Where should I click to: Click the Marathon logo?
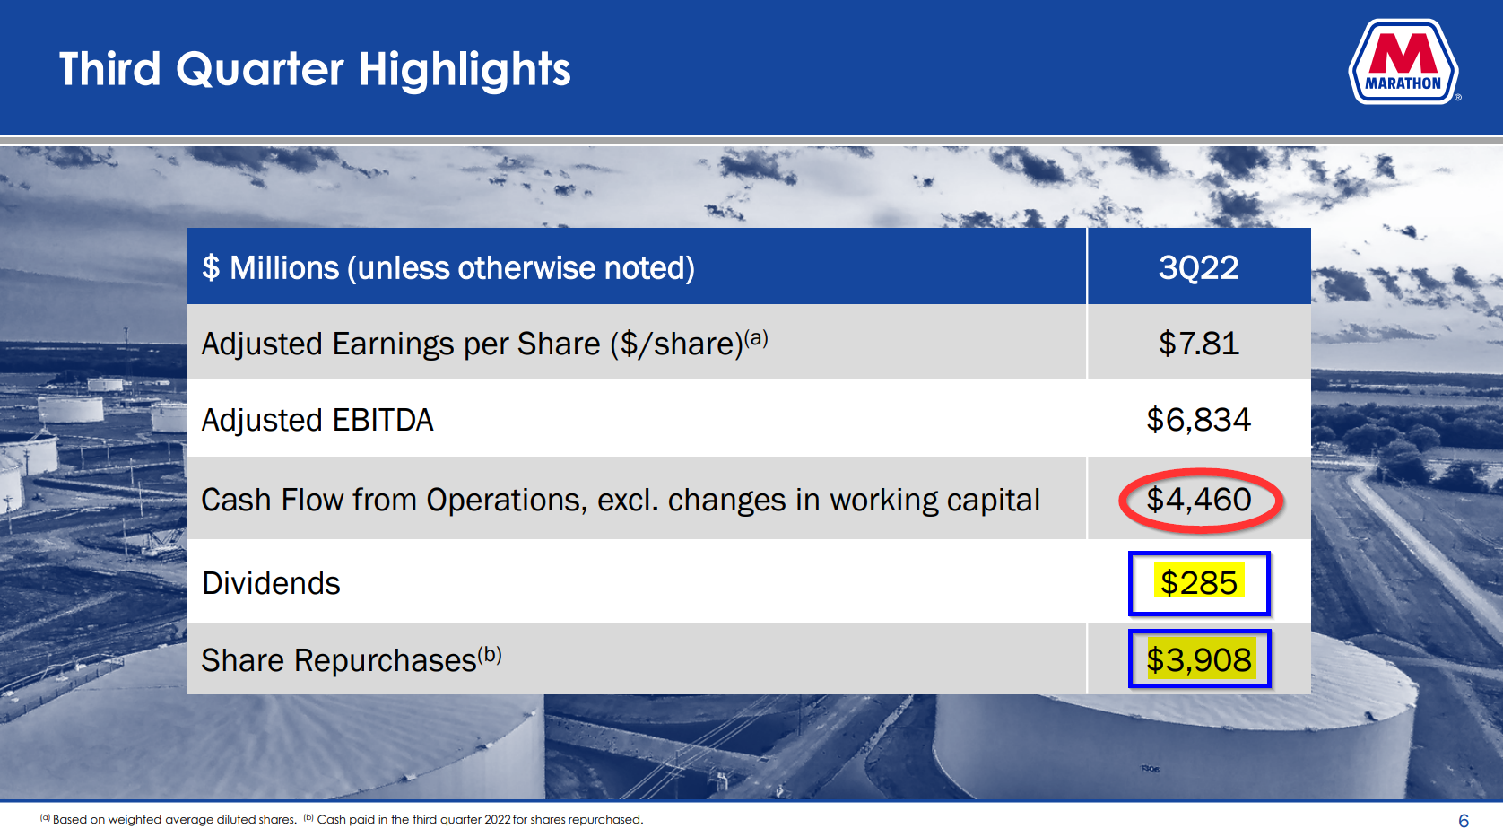1403,62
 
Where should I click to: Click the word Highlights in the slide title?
465,71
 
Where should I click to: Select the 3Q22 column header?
1198,268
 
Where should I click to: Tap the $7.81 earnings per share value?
1198,344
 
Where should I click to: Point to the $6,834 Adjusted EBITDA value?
1198,420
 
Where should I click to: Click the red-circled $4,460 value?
1198,500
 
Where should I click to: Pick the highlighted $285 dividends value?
1198,582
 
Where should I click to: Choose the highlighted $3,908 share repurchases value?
1198,659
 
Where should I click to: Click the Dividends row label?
271,583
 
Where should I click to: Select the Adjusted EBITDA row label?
317,420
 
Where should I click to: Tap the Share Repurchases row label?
339,660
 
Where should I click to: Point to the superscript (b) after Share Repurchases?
489,654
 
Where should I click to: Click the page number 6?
1464,821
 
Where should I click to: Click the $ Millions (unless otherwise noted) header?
448,268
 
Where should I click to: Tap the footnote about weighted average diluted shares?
169,820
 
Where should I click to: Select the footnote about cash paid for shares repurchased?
473,820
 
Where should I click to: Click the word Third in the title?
110,69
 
